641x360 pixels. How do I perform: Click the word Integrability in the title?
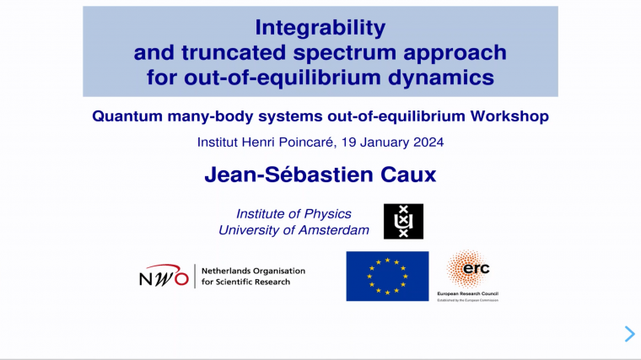pyautogui.click(x=320, y=28)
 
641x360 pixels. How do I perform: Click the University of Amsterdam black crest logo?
pyautogui.click(x=403, y=222)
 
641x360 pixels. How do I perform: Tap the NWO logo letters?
pyautogui.click(x=164, y=277)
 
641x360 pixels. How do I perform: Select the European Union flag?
pyautogui.click(x=387, y=276)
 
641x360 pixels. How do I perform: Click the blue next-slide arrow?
pyautogui.click(x=629, y=334)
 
